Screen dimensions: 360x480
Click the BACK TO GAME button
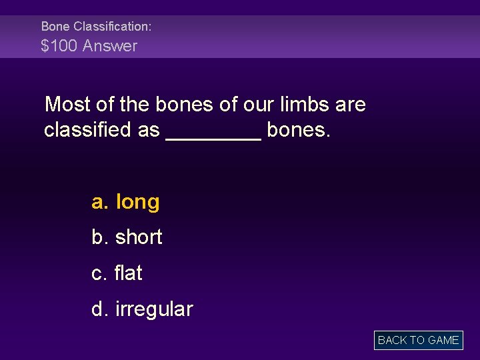(418, 340)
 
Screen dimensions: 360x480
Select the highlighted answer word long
(138, 202)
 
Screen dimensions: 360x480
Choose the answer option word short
(139, 237)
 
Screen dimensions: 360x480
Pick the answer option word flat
(129, 273)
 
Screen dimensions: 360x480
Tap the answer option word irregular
(154, 309)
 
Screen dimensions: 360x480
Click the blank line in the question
(213, 137)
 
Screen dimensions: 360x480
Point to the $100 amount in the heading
(59, 46)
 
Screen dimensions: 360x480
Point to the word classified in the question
(88, 129)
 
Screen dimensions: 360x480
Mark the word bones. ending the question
(298, 129)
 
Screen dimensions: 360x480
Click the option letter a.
(99, 202)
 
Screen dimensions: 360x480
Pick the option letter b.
(99, 237)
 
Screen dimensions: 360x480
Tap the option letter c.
(99, 273)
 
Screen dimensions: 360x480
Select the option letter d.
(99, 309)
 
